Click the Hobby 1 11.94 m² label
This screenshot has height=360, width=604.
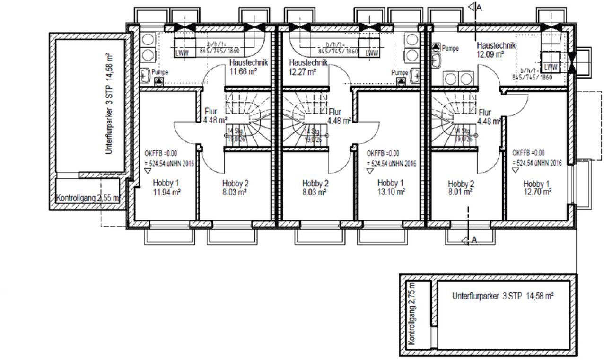pyautogui.click(x=166, y=188)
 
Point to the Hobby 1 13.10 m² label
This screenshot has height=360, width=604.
pyautogui.click(x=391, y=188)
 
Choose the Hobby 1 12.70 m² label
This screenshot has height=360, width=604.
pyautogui.click(x=537, y=188)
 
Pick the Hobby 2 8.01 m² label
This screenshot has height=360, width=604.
pyautogui.click(x=461, y=188)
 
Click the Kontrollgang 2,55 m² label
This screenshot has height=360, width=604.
pyautogui.click(x=88, y=198)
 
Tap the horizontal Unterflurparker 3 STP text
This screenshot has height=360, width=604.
pyautogui.click(x=503, y=297)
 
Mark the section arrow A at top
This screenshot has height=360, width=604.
pyautogui.click(x=474, y=7)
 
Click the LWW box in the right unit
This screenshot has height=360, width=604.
pyautogui.click(x=550, y=67)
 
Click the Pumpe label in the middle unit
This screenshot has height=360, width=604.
pyautogui.click(x=400, y=73)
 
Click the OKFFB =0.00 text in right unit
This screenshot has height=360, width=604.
pyautogui.click(x=528, y=153)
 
